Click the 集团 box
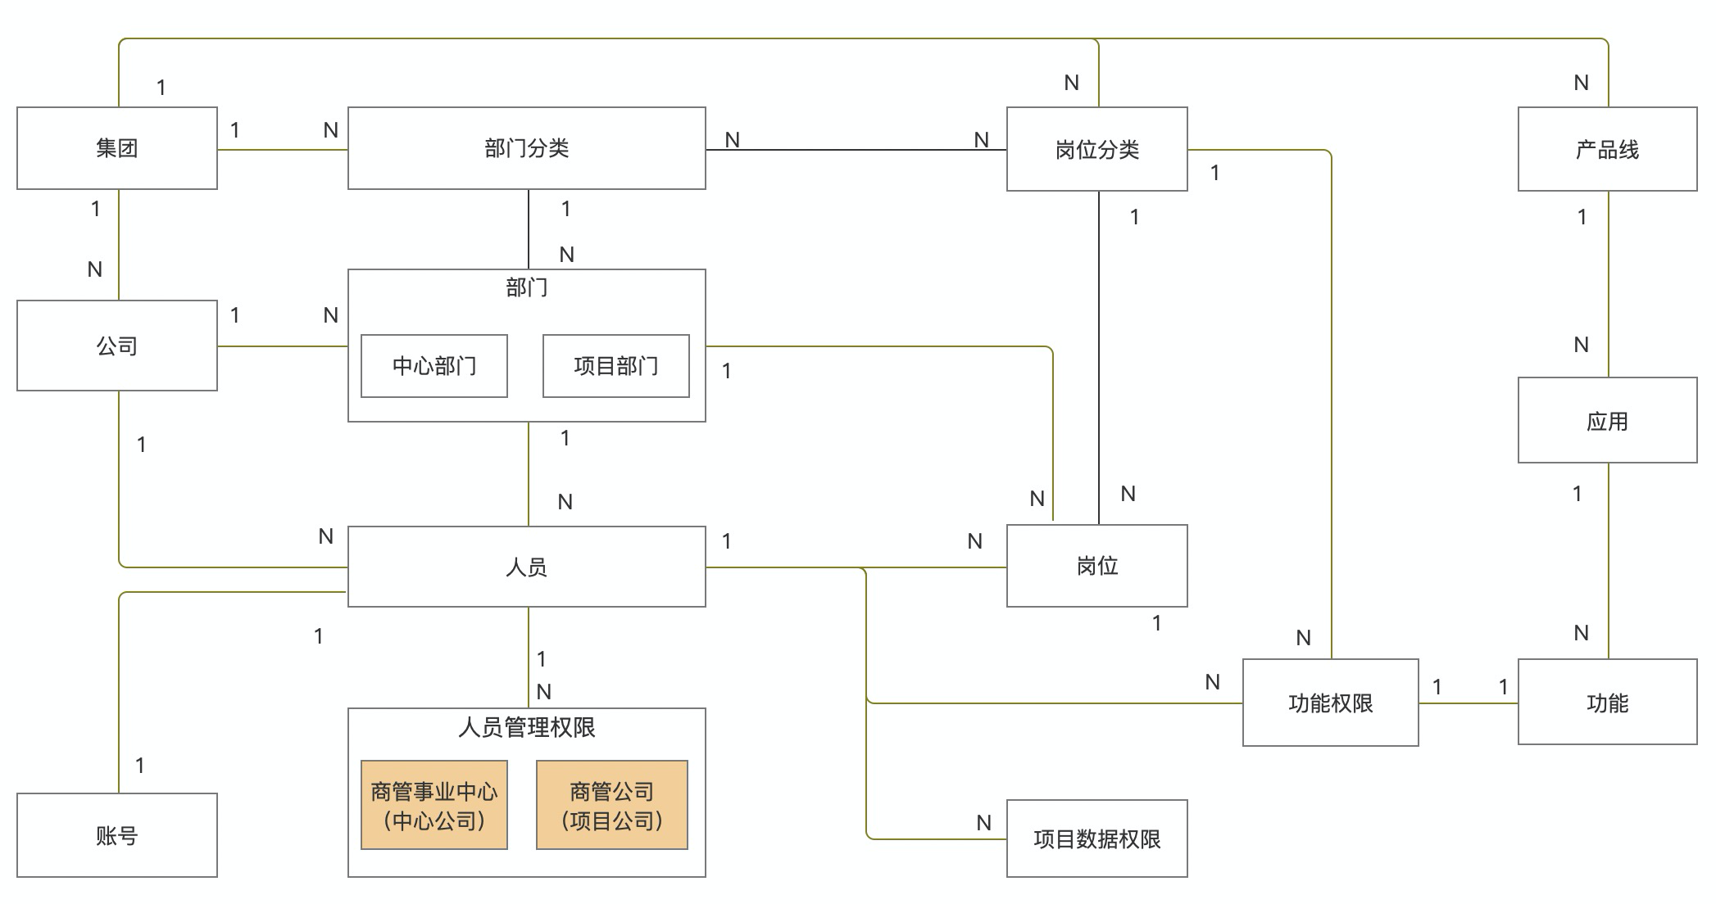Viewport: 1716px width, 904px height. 117,148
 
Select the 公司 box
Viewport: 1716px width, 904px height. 117,346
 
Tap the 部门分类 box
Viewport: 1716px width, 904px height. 526,148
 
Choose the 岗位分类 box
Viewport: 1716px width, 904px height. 1096,150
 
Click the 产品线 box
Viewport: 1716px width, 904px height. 1607,150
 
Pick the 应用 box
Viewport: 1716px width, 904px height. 1607,421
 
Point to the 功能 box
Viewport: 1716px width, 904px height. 1607,703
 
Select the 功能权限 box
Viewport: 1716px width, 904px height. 1330,703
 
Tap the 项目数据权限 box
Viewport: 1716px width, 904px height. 1096,838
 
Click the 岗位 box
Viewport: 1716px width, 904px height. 1096,566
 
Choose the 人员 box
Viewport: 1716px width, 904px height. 526,567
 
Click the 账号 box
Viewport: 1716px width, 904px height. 117,835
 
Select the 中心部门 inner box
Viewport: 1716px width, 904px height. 434,366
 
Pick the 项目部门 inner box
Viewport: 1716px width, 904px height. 616,366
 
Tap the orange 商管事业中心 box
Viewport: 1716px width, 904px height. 434,805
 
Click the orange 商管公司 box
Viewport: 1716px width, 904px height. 612,805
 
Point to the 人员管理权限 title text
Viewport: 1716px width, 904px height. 526,727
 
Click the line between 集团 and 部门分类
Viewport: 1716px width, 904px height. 283,150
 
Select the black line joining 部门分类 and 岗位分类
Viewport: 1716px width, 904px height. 856,150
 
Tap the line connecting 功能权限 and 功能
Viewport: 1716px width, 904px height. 1469,703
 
